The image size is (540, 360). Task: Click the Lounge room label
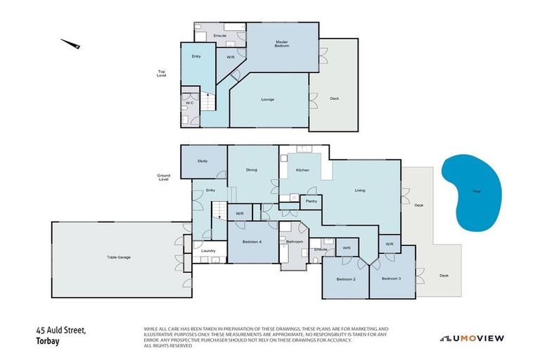[267, 99]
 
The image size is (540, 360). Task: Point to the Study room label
[202, 161]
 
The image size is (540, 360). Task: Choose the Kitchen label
[302, 170]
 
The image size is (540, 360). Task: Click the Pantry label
[310, 202]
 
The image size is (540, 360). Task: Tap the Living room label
[359, 189]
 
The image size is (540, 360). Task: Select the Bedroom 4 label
[252, 241]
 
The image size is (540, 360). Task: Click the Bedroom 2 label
[345, 279]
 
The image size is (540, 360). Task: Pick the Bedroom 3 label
[392, 278]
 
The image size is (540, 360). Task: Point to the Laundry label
[208, 250]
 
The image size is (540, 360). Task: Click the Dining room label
[251, 169]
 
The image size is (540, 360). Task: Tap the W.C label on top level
[189, 103]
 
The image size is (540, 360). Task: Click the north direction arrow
[71, 44]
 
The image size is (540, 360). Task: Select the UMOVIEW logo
[472, 338]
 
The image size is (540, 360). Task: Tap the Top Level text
[162, 73]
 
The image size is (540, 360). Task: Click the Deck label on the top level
[334, 98]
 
